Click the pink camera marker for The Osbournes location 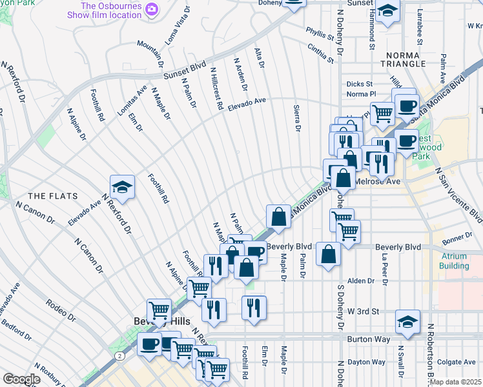coord(152,9)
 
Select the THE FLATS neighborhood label coord(52,196)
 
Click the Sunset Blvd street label coord(183,66)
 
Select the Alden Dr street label coord(361,281)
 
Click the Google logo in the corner coord(21,379)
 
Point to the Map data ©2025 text coord(455,382)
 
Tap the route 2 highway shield coord(119,355)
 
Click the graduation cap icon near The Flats coord(122,187)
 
